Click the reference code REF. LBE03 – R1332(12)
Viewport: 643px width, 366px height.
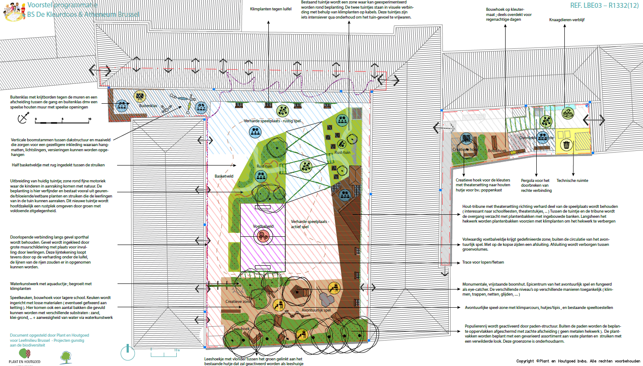pos(604,6)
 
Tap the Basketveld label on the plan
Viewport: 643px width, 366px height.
pos(224,176)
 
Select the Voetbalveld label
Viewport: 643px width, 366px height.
pos(263,226)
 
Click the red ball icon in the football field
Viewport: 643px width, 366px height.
pos(263,236)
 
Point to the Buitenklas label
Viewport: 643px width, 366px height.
pos(148,106)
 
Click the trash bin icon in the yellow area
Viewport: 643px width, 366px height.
pos(567,145)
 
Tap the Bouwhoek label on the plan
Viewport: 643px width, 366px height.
pos(497,151)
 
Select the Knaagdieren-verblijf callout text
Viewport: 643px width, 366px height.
pos(567,20)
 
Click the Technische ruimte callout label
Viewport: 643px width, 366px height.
pos(572,181)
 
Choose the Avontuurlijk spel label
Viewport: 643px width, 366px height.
pos(316,310)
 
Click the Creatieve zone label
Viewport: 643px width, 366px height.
pos(238,302)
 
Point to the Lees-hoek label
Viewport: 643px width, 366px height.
pos(241,329)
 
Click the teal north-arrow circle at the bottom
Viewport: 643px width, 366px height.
pos(128,353)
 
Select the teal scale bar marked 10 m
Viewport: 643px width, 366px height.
pos(165,353)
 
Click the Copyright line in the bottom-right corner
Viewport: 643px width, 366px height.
pos(578,361)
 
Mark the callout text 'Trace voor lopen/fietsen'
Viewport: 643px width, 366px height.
pos(483,262)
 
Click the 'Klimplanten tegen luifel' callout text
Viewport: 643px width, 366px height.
pos(271,9)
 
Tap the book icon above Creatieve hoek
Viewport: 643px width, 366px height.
pos(466,138)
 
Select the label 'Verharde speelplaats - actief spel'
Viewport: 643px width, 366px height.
pos(309,224)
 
